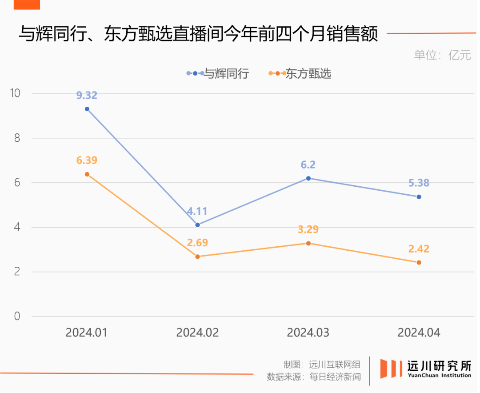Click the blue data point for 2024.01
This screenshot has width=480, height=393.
pyautogui.click(x=87, y=109)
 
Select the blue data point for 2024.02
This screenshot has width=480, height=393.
pyautogui.click(x=198, y=225)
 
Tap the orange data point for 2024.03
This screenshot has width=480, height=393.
pyautogui.click(x=308, y=243)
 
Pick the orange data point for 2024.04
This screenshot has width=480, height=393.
pyautogui.click(x=419, y=263)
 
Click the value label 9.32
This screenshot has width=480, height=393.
pyautogui.click(x=87, y=95)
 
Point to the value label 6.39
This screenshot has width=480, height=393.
pyautogui.click(x=87, y=160)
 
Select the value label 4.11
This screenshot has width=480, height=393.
pyautogui.click(x=197, y=211)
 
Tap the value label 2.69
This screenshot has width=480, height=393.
pyautogui.click(x=197, y=243)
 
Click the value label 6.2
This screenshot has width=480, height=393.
pyautogui.click(x=308, y=165)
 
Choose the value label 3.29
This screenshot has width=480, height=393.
pyautogui.click(x=308, y=230)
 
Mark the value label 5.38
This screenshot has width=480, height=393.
pyautogui.click(x=419, y=183)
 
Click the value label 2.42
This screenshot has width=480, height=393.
pyautogui.click(x=419, y=249)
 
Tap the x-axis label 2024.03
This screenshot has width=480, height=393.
pyautogui.click(x=308, y=333)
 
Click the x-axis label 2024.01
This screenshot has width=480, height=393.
pyautogui.click(x=87, y=333)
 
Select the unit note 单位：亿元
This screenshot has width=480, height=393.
pyautogui.click(x=442, y=55)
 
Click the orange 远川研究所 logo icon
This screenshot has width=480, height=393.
pyautogui.click(x=391, y=369)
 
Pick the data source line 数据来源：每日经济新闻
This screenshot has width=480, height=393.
pyautogui.click(x=314, y=377)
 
